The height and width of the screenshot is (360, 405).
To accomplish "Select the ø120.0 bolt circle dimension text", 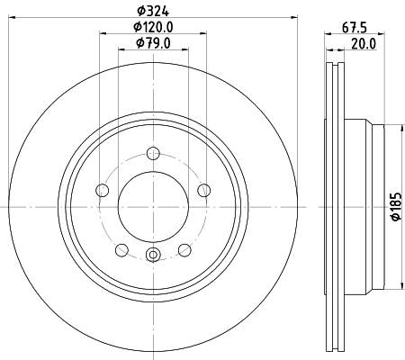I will coord(153,27).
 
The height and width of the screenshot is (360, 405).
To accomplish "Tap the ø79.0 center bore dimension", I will coord(153,42).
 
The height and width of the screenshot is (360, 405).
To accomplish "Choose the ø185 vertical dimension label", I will coord(395,208).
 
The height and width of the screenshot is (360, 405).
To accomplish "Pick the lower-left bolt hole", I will coord(121,249).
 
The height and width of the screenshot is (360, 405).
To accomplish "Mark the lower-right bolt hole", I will coord(184,249).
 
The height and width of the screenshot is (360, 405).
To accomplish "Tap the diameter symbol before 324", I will coord(138,10).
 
